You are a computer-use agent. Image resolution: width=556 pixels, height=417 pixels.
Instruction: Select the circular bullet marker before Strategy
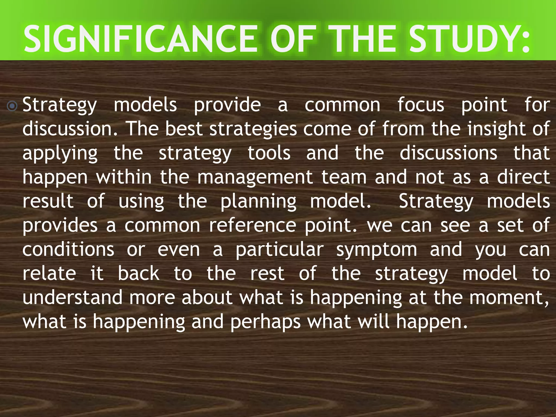[x=12, y=106]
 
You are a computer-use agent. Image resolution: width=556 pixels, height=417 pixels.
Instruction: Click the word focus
[x=421, y=105]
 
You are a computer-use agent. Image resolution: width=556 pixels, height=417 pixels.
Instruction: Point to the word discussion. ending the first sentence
[x=70, y=129]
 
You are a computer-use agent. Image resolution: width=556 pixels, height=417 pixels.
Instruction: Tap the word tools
[x=269, y=153]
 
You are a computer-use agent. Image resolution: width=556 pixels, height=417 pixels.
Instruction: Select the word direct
[x=524, y=177]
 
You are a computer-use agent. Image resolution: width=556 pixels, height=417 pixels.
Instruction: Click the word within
[x=124, y=177]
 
